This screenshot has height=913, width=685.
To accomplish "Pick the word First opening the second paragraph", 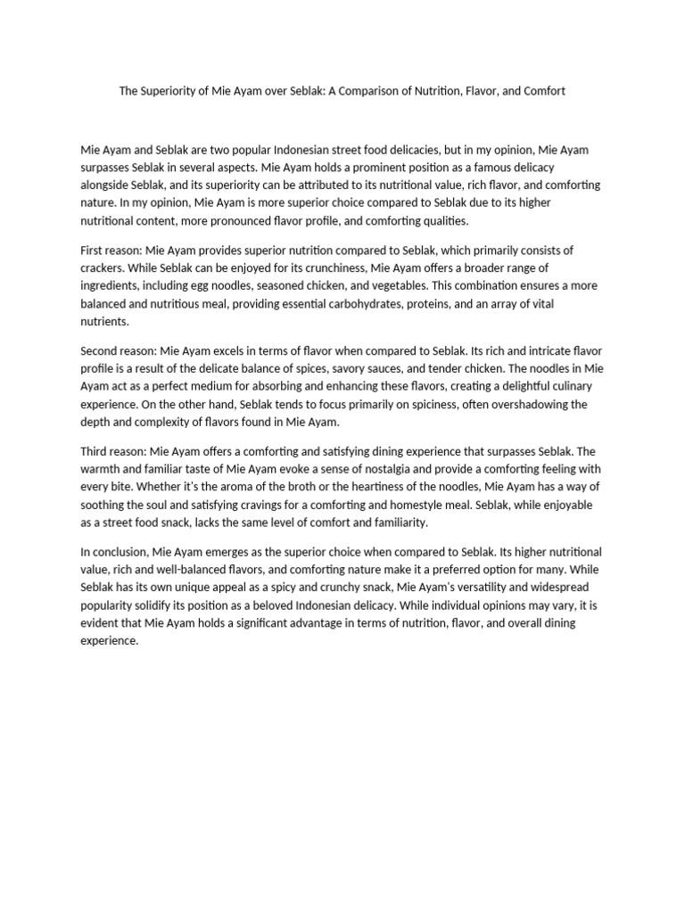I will point(94,251).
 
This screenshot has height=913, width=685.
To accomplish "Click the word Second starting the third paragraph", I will point(101,351).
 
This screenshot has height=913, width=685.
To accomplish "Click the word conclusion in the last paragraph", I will point(120,552).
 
